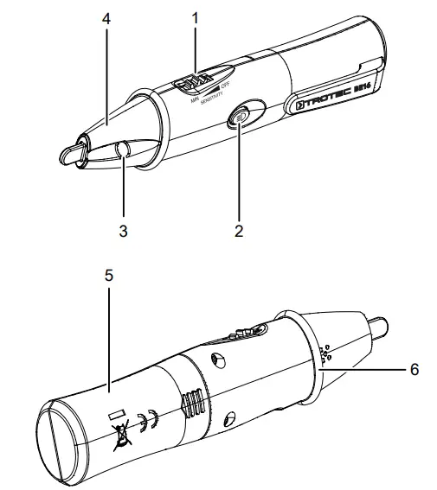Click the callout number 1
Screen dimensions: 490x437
[195, 16]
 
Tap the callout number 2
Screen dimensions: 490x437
[239, 231]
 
